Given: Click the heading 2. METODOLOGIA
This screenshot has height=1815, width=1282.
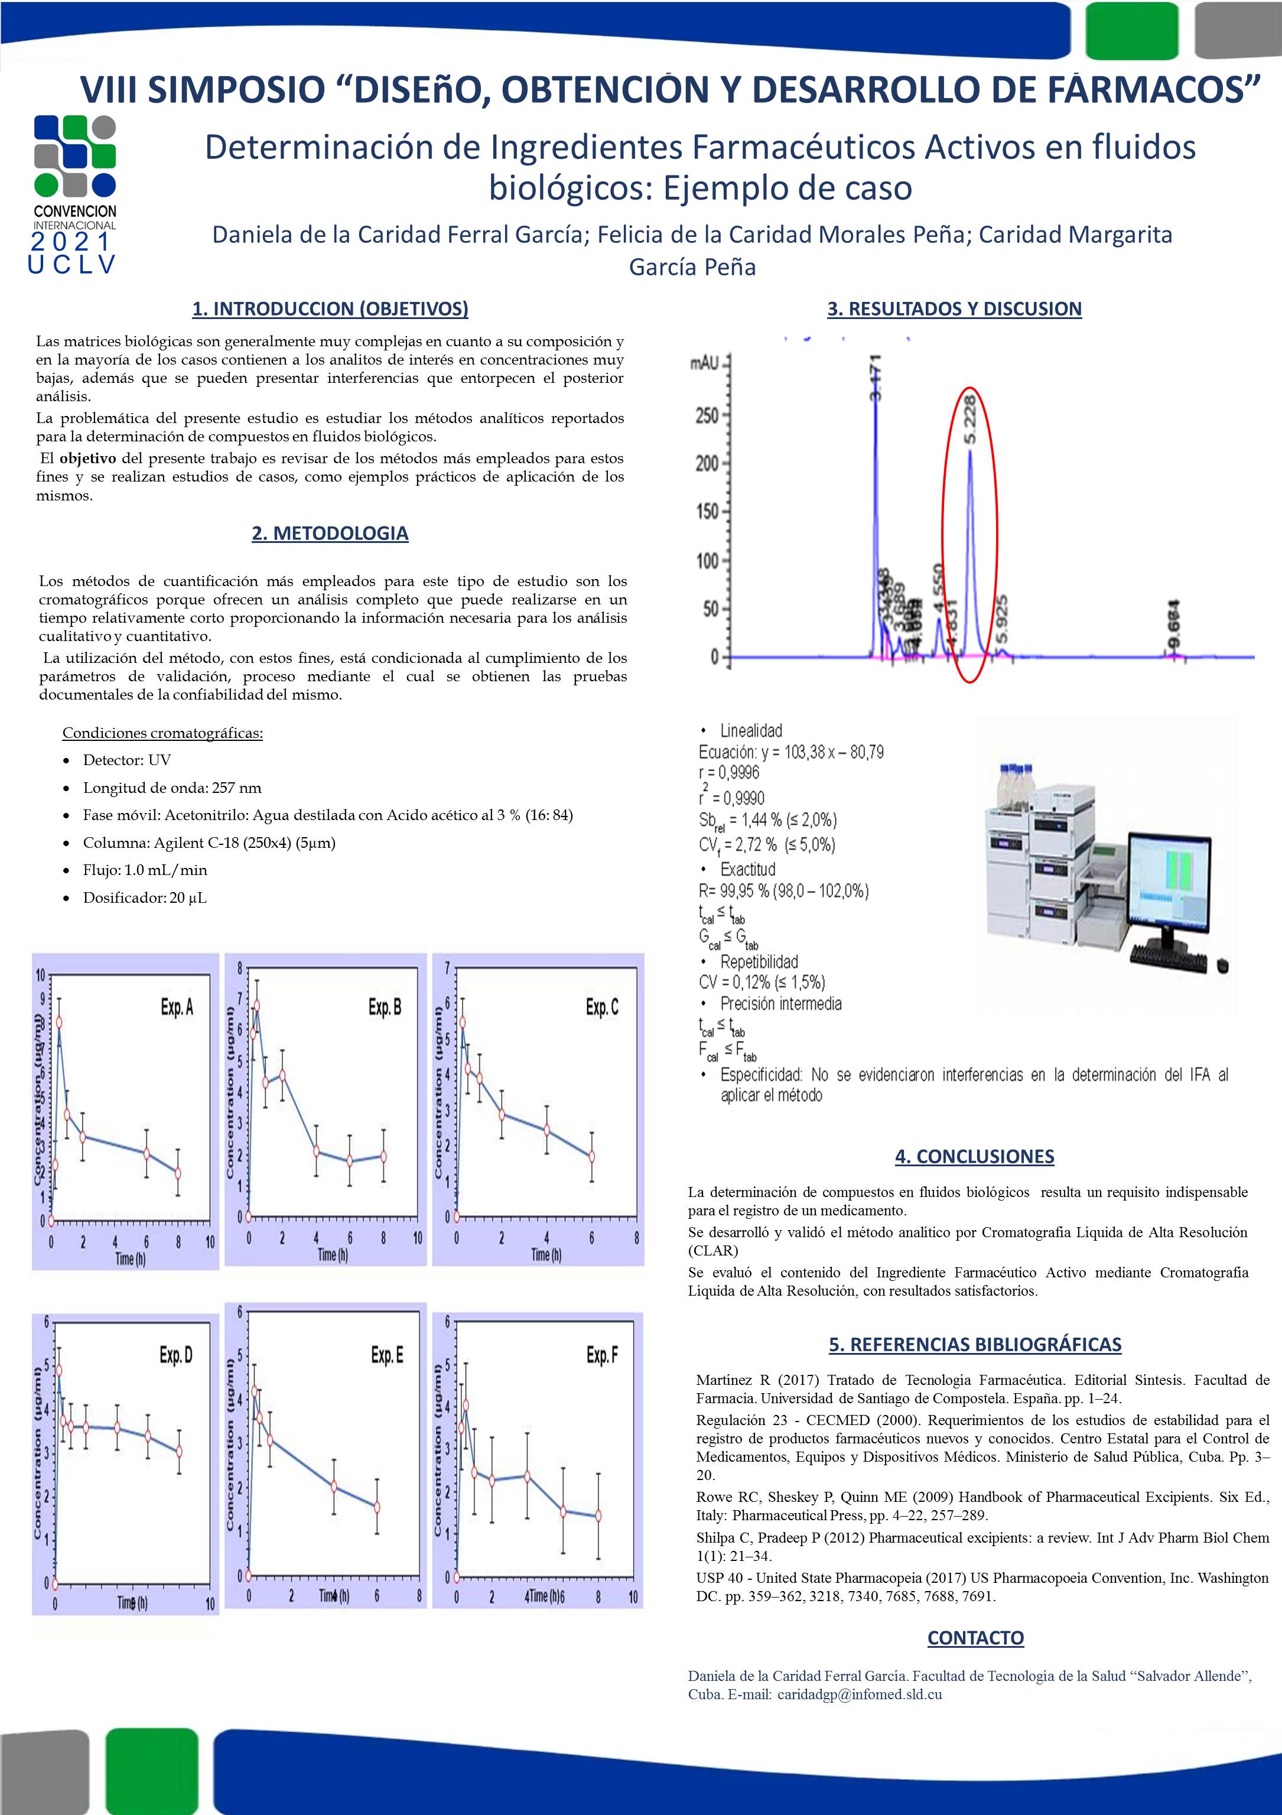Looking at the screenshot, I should [x=330, y=534].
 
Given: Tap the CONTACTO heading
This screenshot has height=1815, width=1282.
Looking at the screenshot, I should [x=975, y=1638].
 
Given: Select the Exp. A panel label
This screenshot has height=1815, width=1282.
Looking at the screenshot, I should [x=177, y=1007].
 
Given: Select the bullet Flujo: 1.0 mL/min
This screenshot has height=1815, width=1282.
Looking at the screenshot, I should [x=145, y=870].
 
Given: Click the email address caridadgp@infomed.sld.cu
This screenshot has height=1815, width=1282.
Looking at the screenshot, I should [x=859, y=1695].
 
